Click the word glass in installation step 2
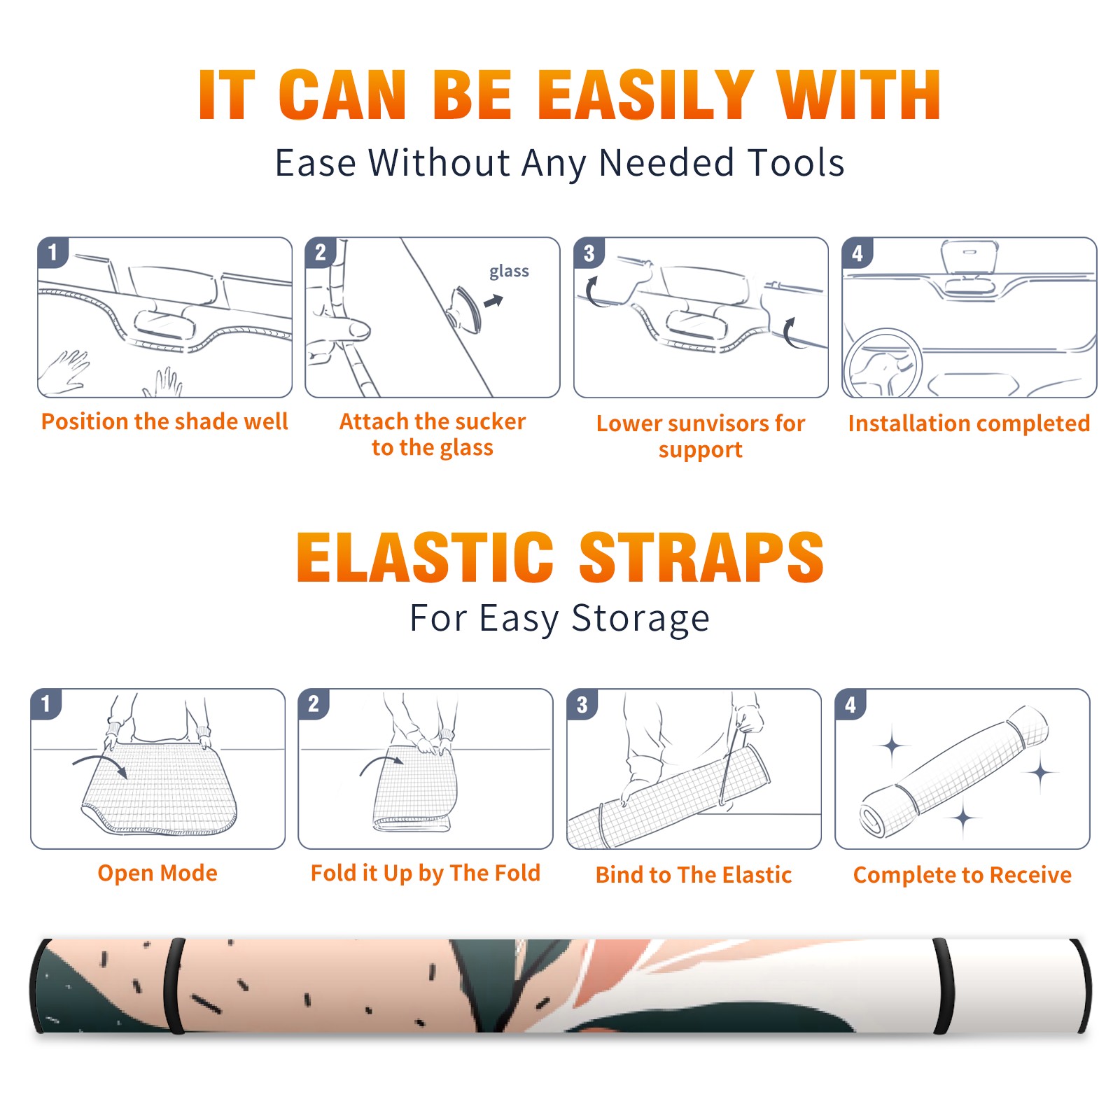(509, 272)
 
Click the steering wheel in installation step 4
(883, 363)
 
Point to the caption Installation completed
(969, 423)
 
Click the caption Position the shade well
(164, 421)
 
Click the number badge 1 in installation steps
(52, 252)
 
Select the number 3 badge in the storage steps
(582, 704)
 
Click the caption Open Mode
(157, 873)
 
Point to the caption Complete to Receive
(962, 875)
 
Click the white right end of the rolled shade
(1015, 986)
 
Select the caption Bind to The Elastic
(694, 875)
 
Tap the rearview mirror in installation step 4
(969, 257)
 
